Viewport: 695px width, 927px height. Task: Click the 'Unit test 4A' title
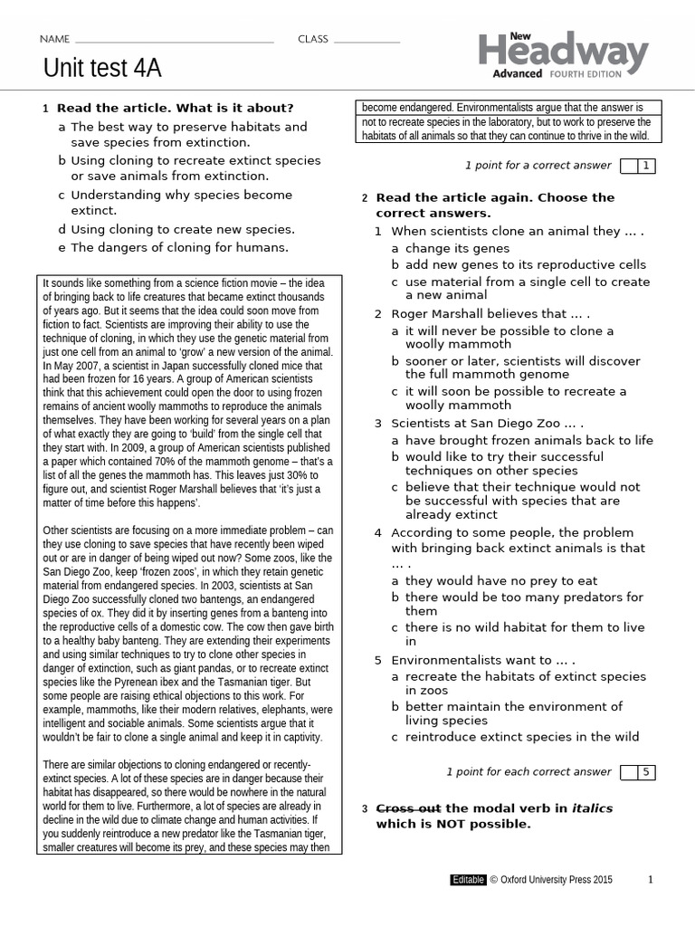point(102,69)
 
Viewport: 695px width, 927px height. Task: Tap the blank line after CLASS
point(366,41)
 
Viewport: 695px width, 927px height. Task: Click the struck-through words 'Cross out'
point(408,808)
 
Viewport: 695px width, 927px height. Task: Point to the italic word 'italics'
point(592,808)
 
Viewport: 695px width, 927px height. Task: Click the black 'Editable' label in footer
point(468,879)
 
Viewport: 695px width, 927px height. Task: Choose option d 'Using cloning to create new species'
point(182,230)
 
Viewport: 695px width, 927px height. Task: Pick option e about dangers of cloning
point(179,247)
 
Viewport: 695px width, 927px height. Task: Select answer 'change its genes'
point(457,248)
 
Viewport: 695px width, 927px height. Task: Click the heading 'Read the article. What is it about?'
point(175,108)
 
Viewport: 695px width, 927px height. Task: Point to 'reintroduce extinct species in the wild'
point(521,737)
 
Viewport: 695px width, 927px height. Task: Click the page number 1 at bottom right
point(650,879)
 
